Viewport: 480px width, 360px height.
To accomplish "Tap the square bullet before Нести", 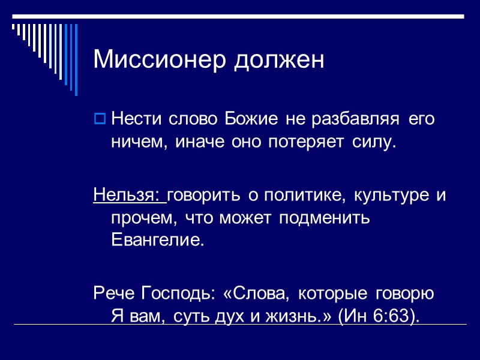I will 100,119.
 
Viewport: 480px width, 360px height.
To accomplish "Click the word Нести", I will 133,119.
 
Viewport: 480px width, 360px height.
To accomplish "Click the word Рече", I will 115,293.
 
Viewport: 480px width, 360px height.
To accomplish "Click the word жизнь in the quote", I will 295,316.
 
